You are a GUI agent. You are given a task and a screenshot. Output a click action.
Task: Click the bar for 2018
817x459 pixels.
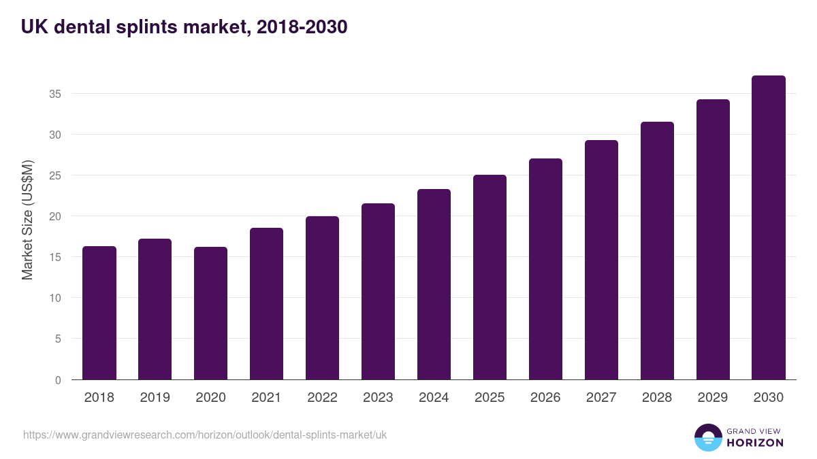99,313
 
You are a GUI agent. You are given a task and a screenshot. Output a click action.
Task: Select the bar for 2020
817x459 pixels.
210,313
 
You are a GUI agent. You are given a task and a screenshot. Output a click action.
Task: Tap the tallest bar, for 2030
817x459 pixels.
769,228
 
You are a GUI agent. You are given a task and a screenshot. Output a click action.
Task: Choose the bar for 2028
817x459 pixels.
657,251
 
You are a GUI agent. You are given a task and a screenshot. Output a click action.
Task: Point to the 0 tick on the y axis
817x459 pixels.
59,380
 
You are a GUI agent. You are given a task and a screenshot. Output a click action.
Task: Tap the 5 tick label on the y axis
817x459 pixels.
59,339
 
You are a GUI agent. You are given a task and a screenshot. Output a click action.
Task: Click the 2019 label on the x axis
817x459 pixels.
155,398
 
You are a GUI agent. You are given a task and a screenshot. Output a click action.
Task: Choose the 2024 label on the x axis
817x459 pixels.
434,398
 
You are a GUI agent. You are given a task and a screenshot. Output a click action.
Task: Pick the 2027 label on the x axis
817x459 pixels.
601,398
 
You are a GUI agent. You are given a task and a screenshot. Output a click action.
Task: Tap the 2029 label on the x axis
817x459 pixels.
713,398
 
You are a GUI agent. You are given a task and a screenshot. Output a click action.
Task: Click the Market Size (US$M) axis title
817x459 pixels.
27,219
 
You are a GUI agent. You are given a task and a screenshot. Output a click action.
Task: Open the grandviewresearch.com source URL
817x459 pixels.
205,435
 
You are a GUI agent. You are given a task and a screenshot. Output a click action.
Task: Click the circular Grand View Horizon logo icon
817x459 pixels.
707,437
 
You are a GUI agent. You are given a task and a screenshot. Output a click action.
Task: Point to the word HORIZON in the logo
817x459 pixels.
755,443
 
